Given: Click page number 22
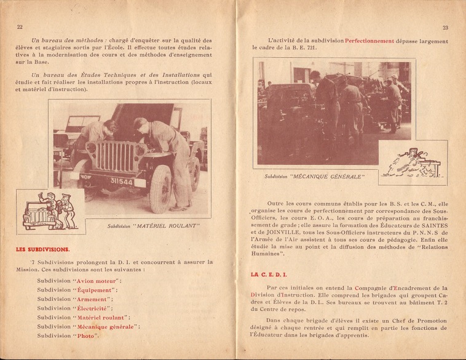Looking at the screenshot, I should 20,27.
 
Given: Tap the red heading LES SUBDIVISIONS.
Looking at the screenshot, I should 42,249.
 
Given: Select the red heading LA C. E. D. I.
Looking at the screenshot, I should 269,274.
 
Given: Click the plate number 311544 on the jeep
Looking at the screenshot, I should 122,182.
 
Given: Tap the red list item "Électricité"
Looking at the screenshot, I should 93,308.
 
